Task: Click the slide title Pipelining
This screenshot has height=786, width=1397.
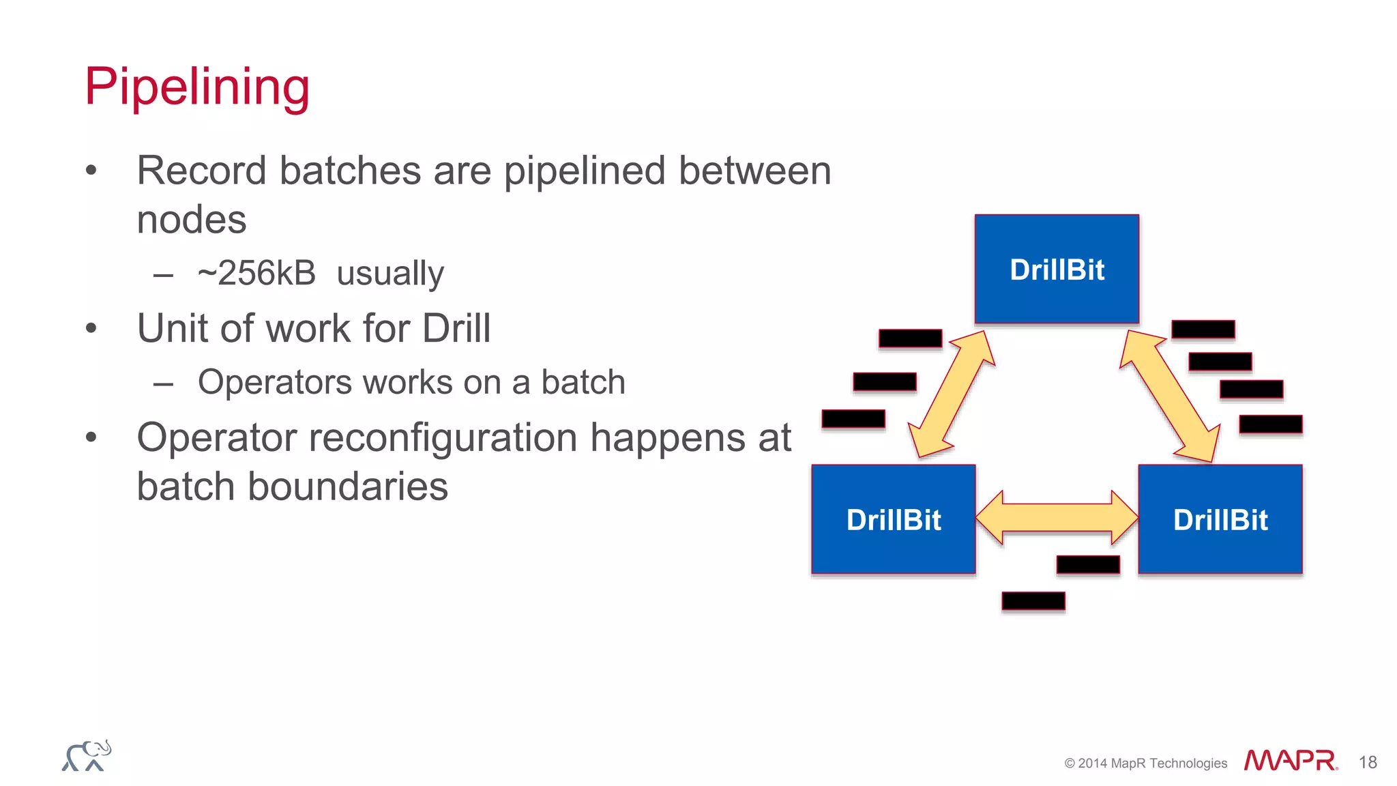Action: pyautogui.click(x=197, y=87)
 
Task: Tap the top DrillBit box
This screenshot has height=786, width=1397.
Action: pyautogui.click(x=1057, y=269)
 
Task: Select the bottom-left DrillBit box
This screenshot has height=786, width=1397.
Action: pyautogui.click(x=893, y=519)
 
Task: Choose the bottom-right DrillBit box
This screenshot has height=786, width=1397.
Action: pyautogui.click(x=1220, y=519)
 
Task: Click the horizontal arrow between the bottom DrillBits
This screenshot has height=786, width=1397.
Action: pyautogui.click(x=1057, y=517)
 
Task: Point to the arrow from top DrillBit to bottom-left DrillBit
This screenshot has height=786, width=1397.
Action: pyautogui.click(x=952, y=394)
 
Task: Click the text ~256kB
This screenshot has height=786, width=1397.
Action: pyautogui.click(x=256, y=273)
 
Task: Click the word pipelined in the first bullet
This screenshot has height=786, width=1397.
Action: pyautogui.click(x=585, y=171)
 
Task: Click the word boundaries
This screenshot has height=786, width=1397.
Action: pyautogui.click(x=347, y=486)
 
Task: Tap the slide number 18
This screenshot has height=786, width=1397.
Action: pyautogui.click(x=1368, y=762)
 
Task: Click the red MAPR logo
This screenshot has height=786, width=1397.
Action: pyautogui.click(x=1290, y=760)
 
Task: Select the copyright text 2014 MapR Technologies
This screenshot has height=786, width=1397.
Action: pyautogui.click(x=1152, y=763)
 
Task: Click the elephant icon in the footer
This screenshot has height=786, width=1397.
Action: pyautogui.click(x=87, y=756)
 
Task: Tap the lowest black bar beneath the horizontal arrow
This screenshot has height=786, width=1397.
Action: pyautogui.click(x=1033, y=601)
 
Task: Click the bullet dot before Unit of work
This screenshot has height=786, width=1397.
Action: pyautogui.click(x=91, y=329)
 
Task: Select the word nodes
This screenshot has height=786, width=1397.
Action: pyautogui.click(x=192, y=220)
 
